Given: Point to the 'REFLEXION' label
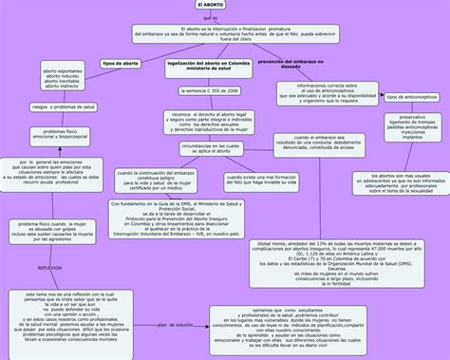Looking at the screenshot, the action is click(48, 269).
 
